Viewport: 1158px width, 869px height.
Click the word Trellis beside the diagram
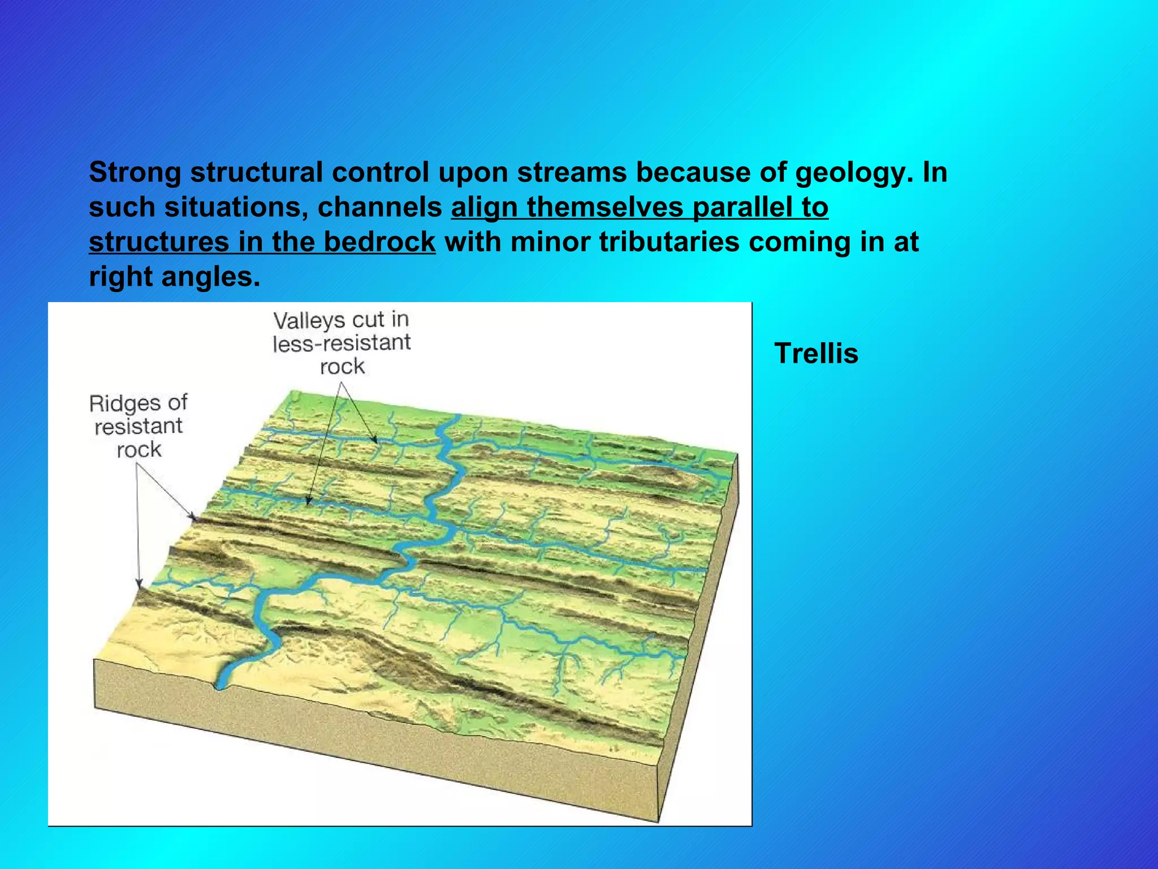click(x=816, y=354)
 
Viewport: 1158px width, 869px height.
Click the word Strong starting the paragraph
click(x=135, y=172)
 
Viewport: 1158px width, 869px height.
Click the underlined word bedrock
click(x=379, y=242)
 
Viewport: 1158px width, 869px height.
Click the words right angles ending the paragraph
click(x=174, y=277)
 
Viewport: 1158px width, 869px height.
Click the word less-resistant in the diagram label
click(x=342, y=343)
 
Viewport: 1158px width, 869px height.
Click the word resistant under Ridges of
click(x=139, y=426)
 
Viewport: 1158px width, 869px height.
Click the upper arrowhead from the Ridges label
click(x=194, y=517)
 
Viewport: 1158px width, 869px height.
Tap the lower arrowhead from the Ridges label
click(x=139, y=584)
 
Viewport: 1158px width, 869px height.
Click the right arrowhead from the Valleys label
click(x=374, y=440)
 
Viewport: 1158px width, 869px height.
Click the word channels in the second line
click(x=379, y=207)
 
